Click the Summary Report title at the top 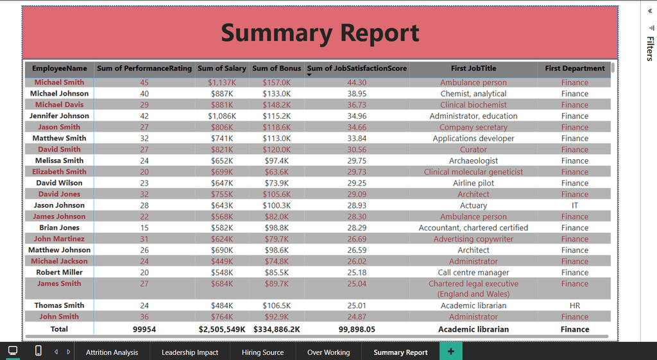[320, 33]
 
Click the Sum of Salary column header [221, 68]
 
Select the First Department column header [574, 68]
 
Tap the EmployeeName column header [60, 68]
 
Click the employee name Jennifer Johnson [59, 116]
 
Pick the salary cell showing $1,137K [221, 83]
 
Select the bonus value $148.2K [277, 105]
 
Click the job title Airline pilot [474, 183]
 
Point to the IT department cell [574, 205]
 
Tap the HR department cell [574, 305]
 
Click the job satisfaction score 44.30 [357, 83]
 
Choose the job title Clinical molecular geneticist [474, 172]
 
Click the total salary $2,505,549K [221, 329]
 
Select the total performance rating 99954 [144, 329]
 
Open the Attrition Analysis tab [112, 352]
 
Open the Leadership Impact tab [190, 352]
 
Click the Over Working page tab [328, 352]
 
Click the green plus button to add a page [451, 351]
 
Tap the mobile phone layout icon [38, 350]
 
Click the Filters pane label [650, 49]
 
